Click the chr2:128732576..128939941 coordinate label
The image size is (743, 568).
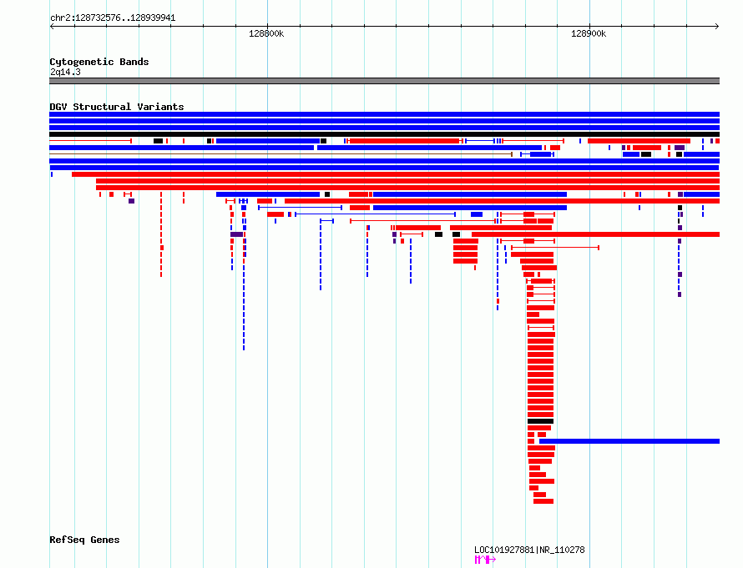(113, 18)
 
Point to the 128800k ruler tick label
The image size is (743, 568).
(266, 33)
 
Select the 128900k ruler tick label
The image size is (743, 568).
(589, 33)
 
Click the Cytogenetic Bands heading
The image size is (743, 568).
(99, 62)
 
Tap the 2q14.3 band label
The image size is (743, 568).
(65, 72)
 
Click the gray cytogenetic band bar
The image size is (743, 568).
(384, 81)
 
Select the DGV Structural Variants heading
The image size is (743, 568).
(117, 107)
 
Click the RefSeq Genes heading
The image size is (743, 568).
(84, 540)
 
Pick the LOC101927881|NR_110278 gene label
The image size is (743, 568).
(529, 550)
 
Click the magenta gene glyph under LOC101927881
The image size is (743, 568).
(485, 560)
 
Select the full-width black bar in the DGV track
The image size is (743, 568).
(384, 134)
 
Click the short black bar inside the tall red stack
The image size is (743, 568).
(541, 421)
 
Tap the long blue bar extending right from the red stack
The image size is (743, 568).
(629, 441)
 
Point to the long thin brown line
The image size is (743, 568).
(281, 154)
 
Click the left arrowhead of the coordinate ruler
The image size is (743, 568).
(51, 27)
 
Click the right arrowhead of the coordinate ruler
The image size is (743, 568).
(718, 27)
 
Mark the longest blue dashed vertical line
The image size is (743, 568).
(244, 284)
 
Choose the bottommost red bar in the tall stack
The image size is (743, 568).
(543, 501)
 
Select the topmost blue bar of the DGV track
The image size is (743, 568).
(384, 114)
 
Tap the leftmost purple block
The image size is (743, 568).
(132, 201)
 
